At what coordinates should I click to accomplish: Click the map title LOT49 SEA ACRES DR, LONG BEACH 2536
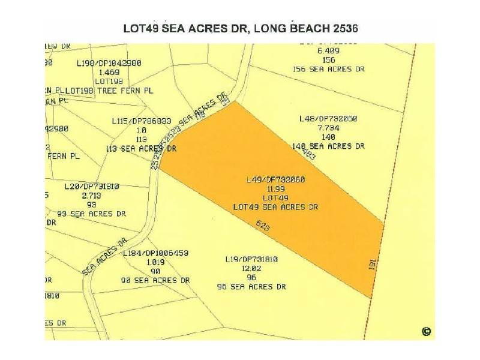click(x=241, y=28)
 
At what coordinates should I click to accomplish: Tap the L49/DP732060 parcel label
click(x=276, y=179)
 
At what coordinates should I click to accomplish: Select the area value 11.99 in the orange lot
click(x=276, y=188)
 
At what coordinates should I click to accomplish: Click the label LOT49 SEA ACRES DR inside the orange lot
click(x=276, y=207)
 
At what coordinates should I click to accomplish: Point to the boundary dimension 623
click(x=262, y=227)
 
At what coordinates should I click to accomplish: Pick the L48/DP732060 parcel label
click(x=328, y=119)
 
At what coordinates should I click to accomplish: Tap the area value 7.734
click(x=328, y=128)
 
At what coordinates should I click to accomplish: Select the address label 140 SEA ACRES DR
click(x=328, y=146)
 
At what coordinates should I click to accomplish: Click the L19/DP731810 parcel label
click(x=251, y=259)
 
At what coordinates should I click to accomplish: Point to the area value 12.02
click(x=251, y=268)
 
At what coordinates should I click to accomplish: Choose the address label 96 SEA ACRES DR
click(x=251, y=287)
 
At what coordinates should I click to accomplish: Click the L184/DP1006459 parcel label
click(x=155, y=253)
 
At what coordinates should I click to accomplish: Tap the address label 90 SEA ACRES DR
click(x=155, y=280)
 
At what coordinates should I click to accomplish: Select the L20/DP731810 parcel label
click(x=92, y=187)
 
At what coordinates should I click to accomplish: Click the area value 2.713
click(x=92, y=196)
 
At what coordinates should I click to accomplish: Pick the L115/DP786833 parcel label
click(x=142, y=121)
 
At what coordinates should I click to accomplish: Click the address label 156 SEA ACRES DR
click(x=328, y=69)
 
